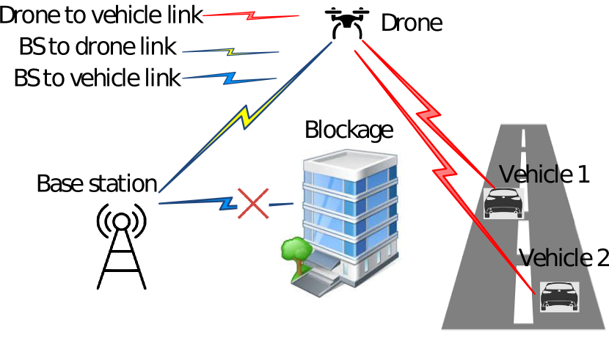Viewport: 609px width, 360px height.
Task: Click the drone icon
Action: coord(347,23)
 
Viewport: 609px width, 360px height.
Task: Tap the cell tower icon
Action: coord(122,246)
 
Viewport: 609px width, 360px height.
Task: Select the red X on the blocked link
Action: coord(253,203)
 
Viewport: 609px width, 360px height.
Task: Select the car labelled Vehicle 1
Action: coord(503,203)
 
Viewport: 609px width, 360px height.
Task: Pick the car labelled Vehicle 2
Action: coord(559,295)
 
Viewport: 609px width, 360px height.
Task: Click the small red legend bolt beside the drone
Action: coord(251,15)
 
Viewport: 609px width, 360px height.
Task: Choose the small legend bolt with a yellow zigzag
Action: coord(230,52)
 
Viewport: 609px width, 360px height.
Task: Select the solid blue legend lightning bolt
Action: coord(230,77)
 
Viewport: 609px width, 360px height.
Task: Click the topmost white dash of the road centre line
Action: coord(523,138)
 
